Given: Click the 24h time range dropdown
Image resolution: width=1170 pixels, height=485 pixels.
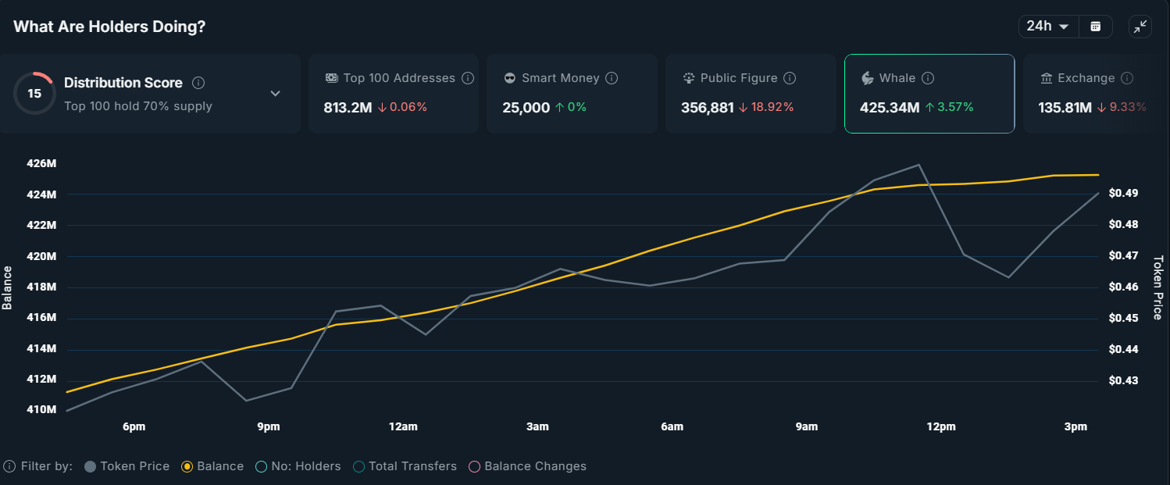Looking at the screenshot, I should [1047, 27].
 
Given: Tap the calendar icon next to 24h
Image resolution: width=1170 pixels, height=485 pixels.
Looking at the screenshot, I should [1096, 27].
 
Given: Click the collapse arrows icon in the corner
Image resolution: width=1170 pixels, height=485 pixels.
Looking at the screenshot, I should [1140, 27].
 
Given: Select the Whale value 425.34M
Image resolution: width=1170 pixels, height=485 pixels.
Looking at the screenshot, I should [889, 108].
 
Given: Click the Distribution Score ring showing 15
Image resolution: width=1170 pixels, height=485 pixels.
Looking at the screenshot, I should [34, 94].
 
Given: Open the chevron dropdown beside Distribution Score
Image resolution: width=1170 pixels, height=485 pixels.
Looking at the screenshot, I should [275, 94].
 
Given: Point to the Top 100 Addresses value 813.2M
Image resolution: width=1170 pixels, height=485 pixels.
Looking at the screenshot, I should [348, 108].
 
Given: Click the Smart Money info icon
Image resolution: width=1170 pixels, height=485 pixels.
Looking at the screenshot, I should [612, 78].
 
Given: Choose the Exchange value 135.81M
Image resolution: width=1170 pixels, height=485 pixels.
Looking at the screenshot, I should [1065, 108].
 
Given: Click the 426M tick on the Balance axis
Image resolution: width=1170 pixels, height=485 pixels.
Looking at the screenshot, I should [41, 164].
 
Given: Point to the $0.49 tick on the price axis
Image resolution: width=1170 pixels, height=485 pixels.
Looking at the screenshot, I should [1122, 194].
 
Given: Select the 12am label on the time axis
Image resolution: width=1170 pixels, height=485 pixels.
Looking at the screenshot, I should [403, 426].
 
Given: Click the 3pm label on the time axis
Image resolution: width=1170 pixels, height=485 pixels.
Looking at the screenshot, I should [1075, 426].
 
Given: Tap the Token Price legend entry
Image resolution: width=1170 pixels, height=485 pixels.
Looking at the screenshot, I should [127, 466].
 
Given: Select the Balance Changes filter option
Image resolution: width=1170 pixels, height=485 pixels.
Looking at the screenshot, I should [535, 466].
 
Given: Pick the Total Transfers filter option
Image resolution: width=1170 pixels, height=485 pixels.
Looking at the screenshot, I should [412, 466].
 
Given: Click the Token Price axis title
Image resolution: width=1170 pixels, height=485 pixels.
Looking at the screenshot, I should [1158, 287].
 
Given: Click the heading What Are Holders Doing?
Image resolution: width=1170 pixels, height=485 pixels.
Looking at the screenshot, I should [109, 27].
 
